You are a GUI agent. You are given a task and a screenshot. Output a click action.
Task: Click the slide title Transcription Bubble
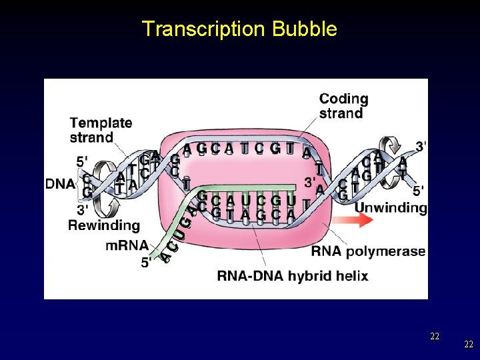pyautogui.click(x=239, y=29)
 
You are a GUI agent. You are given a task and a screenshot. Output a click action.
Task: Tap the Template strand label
pyautogui.click(x=101, y=130)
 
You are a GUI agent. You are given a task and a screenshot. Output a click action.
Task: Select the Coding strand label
pyautogui.click(x=343, y=106)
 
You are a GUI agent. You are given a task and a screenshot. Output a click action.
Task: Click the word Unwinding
pyautogui.click(x=390, y=207)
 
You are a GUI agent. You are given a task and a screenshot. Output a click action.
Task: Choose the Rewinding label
pyautogui.click(x=104, y=225)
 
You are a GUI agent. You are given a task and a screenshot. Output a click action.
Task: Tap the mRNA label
pyautogui.click(x=127, y=245)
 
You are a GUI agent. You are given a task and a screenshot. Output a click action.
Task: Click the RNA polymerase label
pyautogui.click(x=368, y=251)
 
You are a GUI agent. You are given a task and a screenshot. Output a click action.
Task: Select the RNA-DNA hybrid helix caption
pyautogui.click(x=293, y=276)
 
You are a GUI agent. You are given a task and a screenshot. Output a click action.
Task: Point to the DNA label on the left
pyautogui.click(x=60, y=183)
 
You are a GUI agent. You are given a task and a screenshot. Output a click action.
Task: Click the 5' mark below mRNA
pyautogui.click(x=145, y=263)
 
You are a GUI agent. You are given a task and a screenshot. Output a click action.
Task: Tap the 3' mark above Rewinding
pyautogui.click(x=83, y=210)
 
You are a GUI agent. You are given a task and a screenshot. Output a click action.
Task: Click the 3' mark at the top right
pyautogui.click(x=421, y=145)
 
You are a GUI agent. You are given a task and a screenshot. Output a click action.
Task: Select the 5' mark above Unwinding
pyautogui.click(x=418, y=191)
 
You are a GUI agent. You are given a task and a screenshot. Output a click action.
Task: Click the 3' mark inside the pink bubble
pyautogui.click(x=309, y=181)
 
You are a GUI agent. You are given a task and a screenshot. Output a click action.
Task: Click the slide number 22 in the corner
pyautogui.click(x=469, y=344)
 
